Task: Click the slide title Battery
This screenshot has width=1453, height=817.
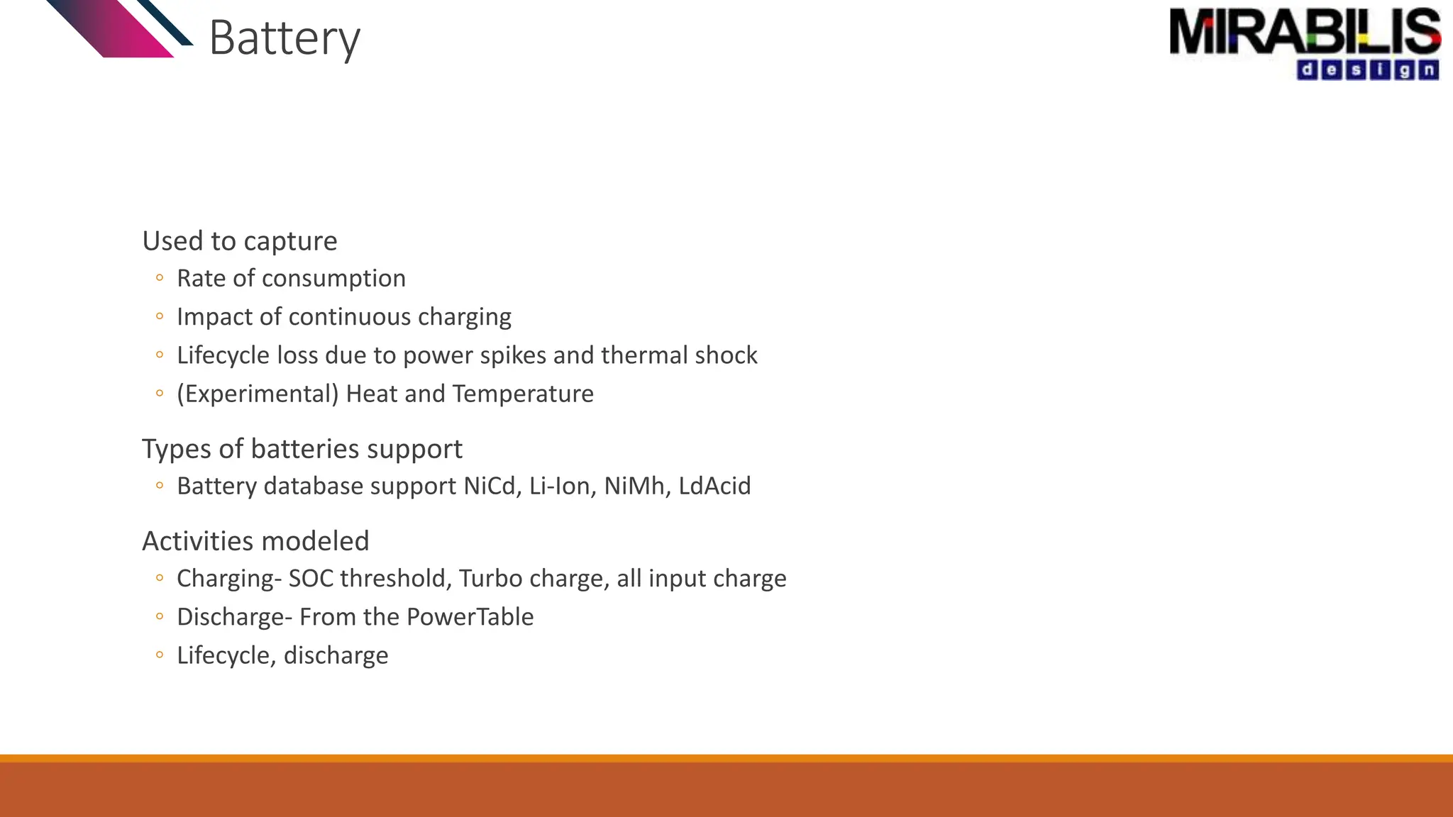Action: (284, 38)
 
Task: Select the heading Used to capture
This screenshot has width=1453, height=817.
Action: (240, 241)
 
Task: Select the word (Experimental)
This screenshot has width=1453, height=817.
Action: (258, 394)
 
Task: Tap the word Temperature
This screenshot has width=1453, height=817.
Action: (523, 394)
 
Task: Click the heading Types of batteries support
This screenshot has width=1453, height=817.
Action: (302, 449)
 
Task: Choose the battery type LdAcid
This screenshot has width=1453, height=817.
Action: (714, 487)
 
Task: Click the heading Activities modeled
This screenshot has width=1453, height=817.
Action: (255, 541)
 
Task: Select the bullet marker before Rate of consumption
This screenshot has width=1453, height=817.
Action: (160, 278)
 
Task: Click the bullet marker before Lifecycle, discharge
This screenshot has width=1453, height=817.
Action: (160, 655)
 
